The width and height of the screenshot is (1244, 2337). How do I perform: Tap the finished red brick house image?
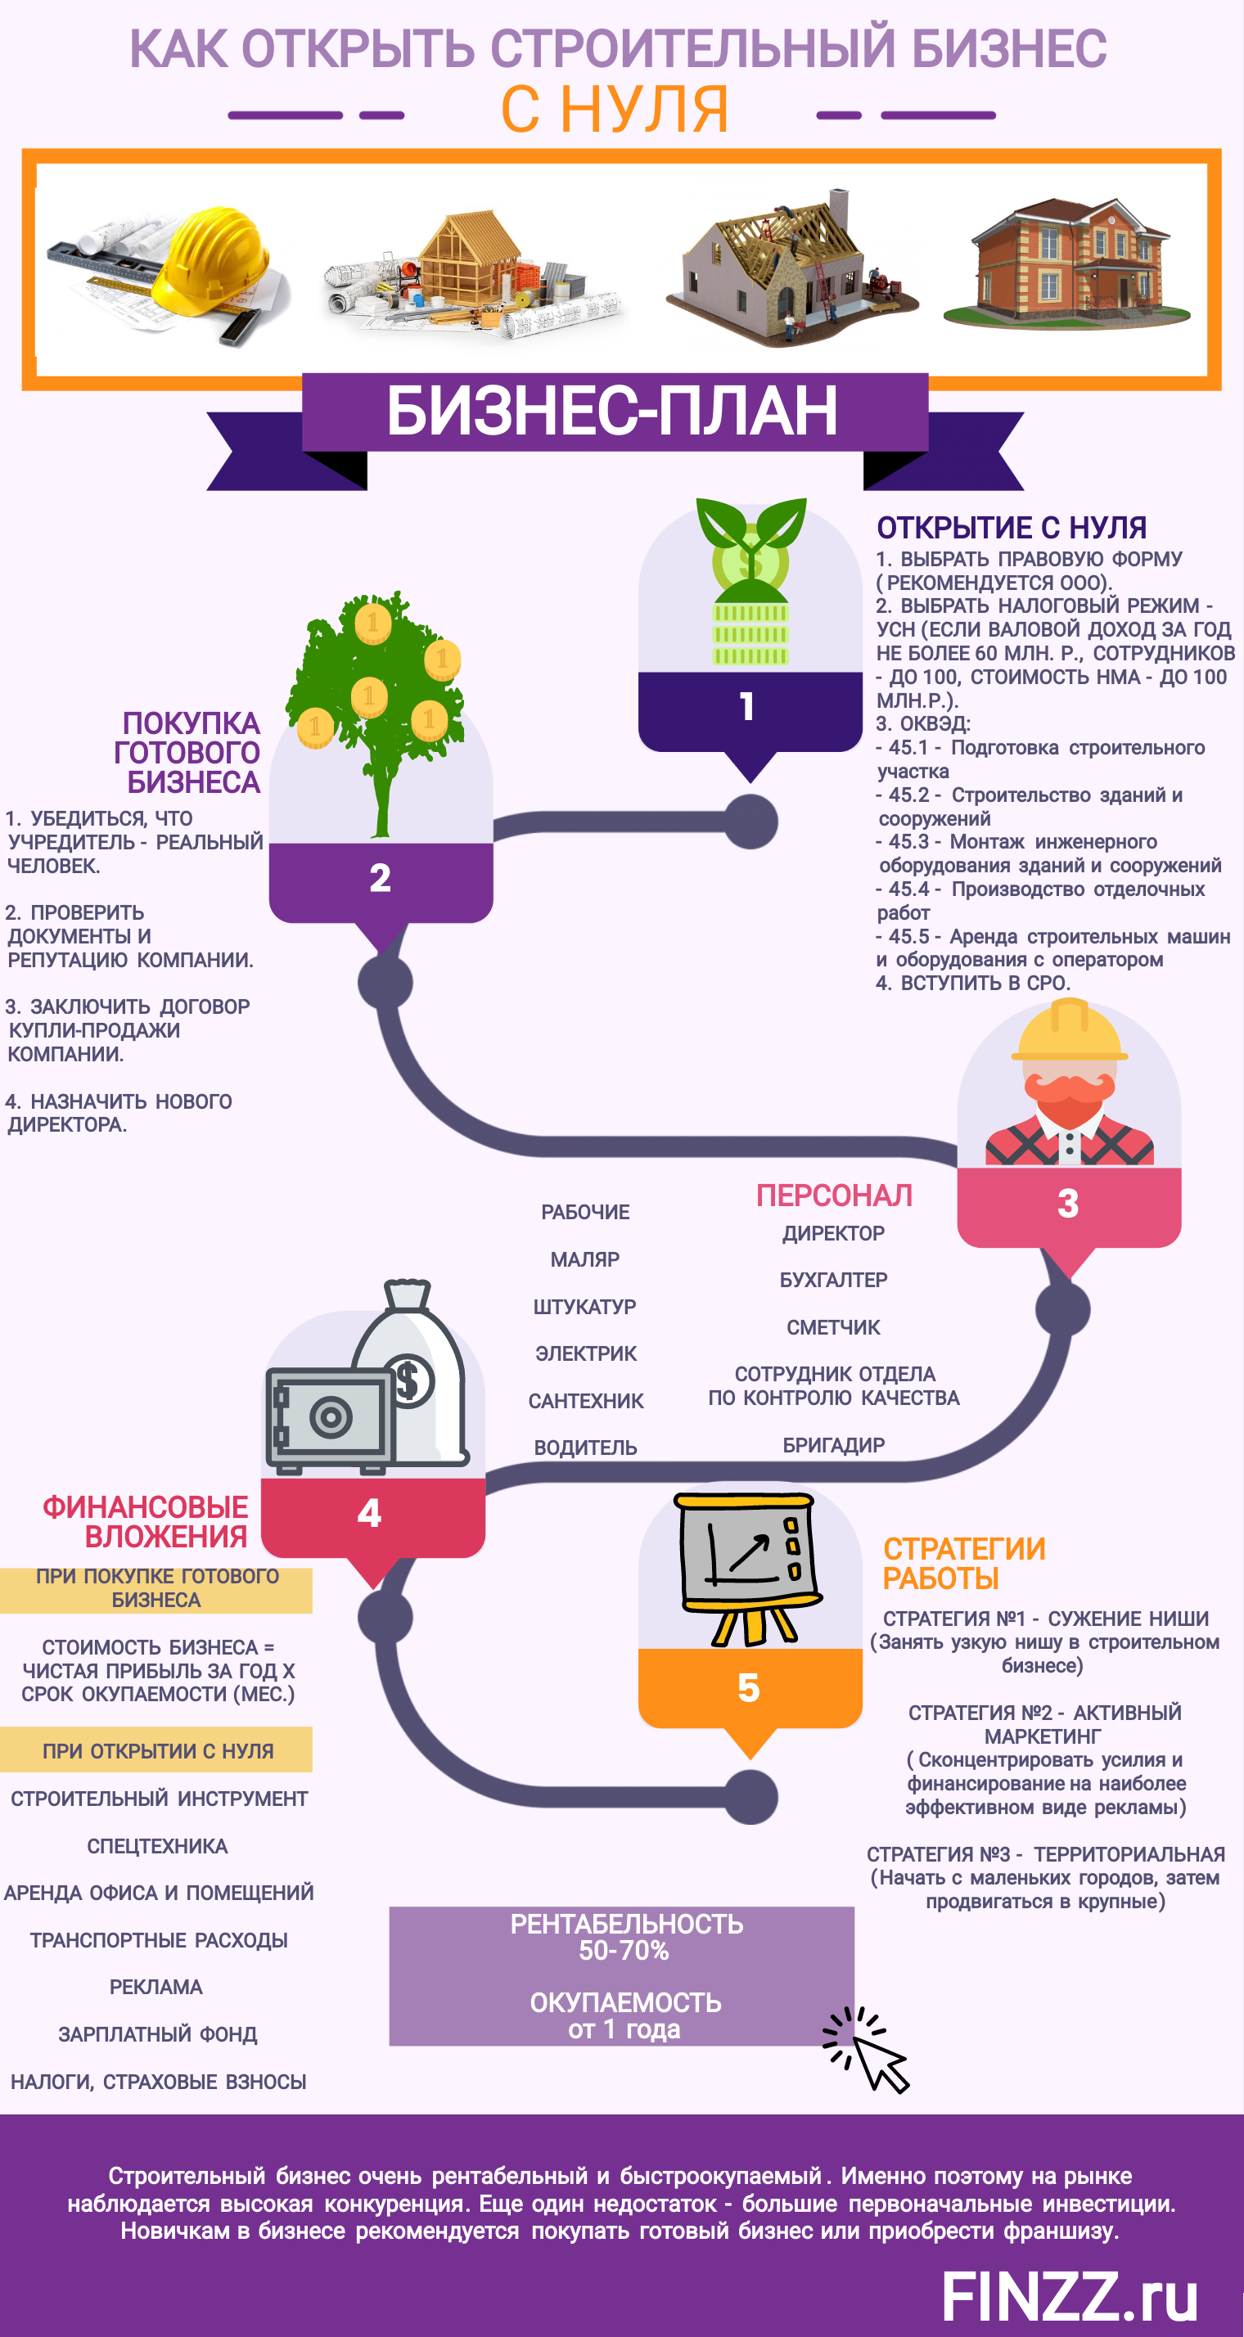click(x=1067, y=263)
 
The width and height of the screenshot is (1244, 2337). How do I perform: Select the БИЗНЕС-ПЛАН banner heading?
click(x=612, y=411)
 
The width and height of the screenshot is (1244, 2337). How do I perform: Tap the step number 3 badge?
click(x=1068, y=1204)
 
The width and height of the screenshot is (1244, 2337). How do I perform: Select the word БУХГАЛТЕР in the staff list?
click(x=833, y=1280)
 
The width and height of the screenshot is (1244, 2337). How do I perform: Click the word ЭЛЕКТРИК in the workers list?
click(x=586, y=1353)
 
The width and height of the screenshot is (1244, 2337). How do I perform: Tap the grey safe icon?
click(x=327, y=1417)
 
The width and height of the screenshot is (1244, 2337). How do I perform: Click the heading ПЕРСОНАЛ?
click(x=834, y=1196)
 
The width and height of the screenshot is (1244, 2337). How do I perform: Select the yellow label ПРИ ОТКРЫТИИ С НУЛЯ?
click(x=157, y=1751)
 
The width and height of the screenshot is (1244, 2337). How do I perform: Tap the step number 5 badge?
click(x=749, y=1688)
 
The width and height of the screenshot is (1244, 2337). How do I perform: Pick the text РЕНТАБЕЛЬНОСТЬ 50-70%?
click(x=625, y=1937)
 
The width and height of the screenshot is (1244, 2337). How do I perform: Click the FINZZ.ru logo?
click(x=1069, y=2297)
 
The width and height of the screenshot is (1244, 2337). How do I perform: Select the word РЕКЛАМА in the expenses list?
click(x=156, y=1987)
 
